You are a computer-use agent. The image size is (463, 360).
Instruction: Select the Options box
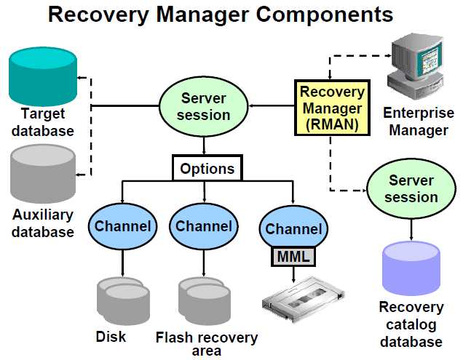207,169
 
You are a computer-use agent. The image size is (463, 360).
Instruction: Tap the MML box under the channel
293,256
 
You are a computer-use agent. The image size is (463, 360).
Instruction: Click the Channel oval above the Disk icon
122,226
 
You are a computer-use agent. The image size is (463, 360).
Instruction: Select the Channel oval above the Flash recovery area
204,226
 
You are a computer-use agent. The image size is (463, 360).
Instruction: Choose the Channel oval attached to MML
293,228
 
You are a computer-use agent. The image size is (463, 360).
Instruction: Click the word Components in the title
317,15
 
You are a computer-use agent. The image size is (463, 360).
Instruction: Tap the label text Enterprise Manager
419,122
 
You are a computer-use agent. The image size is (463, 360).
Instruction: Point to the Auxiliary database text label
43,223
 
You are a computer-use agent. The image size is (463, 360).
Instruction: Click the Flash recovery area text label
206,344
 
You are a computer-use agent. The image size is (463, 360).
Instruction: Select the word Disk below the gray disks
111,337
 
